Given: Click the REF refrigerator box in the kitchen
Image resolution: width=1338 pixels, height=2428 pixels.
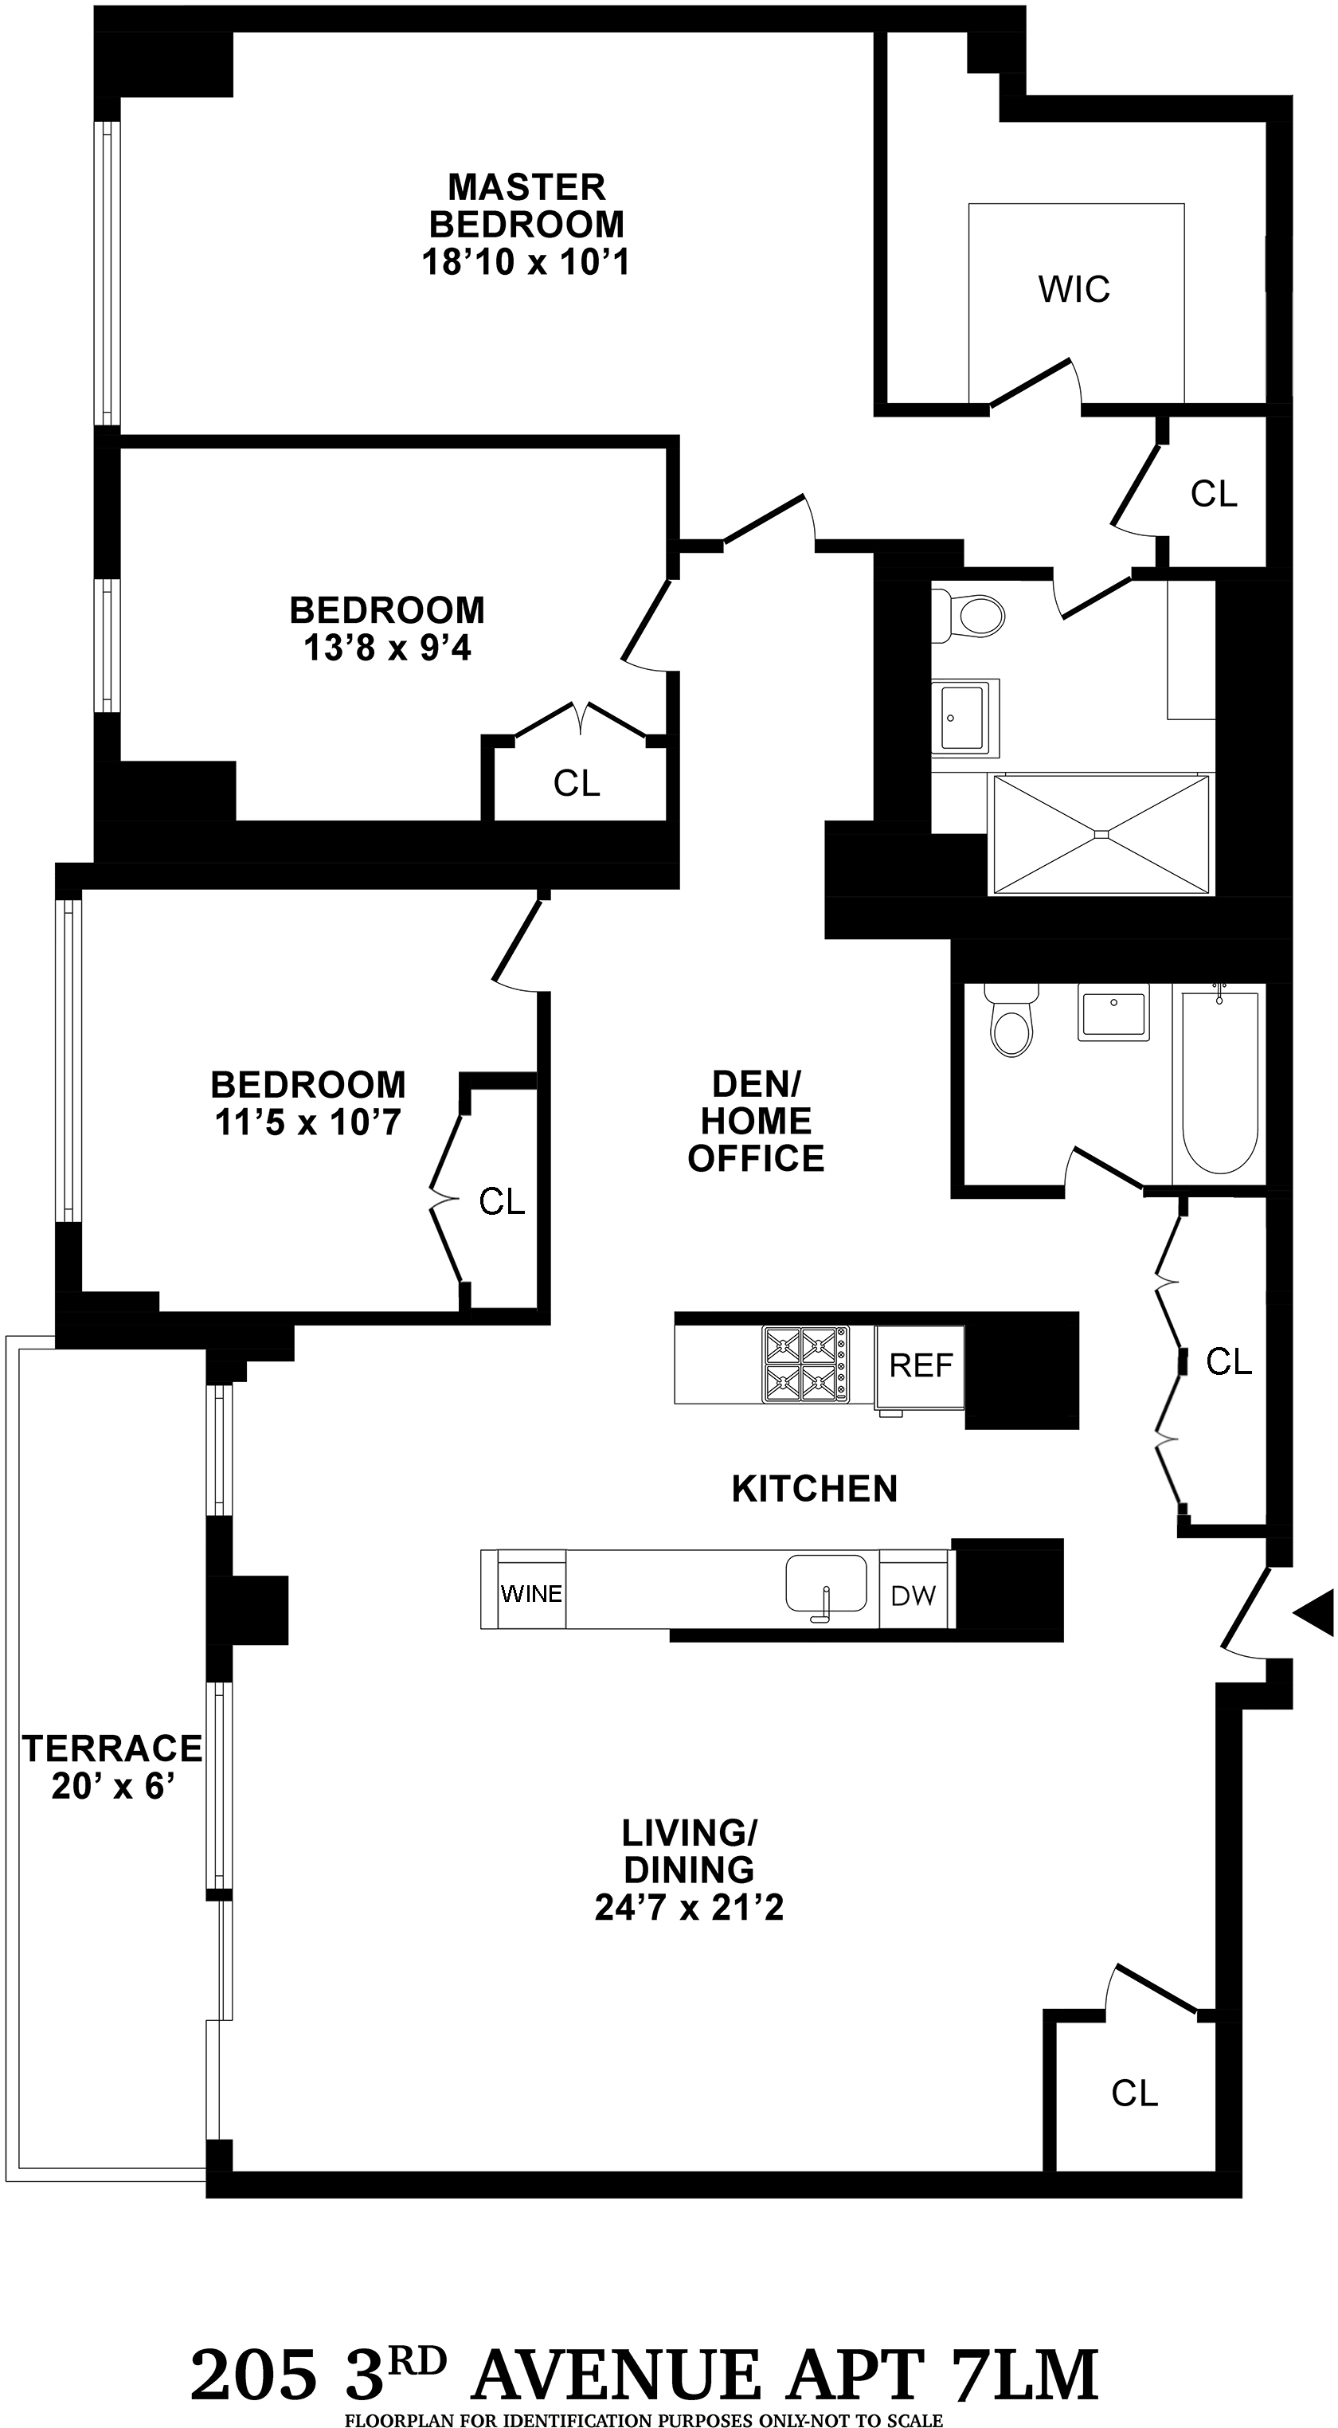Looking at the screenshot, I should pyautogui.click(x=920, y=1365).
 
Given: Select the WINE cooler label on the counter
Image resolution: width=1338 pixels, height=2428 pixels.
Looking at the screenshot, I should pyautogui.click(x=531, y=1593).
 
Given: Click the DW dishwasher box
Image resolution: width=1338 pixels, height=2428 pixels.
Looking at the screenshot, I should pyautogui.click(x=913, y=1596).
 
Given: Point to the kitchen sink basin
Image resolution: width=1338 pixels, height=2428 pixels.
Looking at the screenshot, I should pyautogui.click(x=827, y=1584).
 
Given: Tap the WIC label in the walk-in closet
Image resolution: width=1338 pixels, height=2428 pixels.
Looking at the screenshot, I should pyautogui.click(x=1074, y=288).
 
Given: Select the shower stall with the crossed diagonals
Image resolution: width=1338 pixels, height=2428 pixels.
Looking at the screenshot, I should pyautogui.click(x=1101, y=833).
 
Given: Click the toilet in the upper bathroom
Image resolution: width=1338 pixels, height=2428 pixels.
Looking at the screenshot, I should pyautogui.click(x=971, y=617).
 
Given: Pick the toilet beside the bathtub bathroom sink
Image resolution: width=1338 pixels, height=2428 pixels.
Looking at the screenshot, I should pyautogui.click(x=1012, y=1024).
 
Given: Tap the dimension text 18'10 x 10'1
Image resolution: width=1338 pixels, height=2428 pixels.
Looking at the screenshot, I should pyautogui.click(x=525, y=261).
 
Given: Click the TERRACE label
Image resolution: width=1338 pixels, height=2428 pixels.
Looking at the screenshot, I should pyautogui.click(x=112, y=1749).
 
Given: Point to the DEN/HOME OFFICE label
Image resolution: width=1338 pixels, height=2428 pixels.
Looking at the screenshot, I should pyautogui.click(x=756, y=1121).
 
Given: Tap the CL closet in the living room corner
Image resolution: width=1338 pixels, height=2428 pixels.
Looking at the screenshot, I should pyautogui.click(x=1133, y=2093).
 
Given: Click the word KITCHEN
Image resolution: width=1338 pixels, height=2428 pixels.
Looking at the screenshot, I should pyautogui.click(x=814, y=1488).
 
